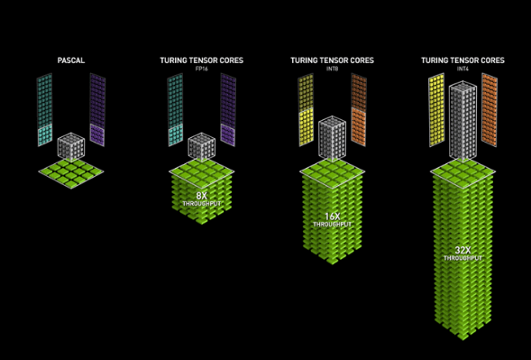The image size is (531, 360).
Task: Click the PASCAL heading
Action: (71, 60)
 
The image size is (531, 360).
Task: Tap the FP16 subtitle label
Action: (202, 69)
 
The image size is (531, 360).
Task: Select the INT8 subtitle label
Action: (333, 69)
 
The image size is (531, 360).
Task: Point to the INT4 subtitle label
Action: (462, 69)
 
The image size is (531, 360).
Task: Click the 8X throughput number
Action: (202, 196)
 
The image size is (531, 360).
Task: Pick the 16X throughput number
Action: (333, 217)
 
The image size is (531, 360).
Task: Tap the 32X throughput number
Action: (462, 250)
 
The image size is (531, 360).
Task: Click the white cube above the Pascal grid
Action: (71, 146)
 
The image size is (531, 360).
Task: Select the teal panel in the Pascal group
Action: (45, 110)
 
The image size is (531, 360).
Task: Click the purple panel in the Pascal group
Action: (97, 110)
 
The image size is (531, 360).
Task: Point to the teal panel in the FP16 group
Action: (176, 110)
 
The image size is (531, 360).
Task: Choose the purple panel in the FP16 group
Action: (228, 110)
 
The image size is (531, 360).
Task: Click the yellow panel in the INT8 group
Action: (306, 110)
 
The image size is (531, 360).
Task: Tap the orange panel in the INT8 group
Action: (359, 110)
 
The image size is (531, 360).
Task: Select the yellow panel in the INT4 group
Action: (436, 110)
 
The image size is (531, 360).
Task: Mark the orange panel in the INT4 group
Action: (490, 110)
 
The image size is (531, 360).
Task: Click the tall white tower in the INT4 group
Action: (462, 120)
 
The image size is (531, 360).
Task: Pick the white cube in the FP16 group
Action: (202, 146)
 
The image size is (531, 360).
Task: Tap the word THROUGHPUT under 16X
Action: (333, 225)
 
